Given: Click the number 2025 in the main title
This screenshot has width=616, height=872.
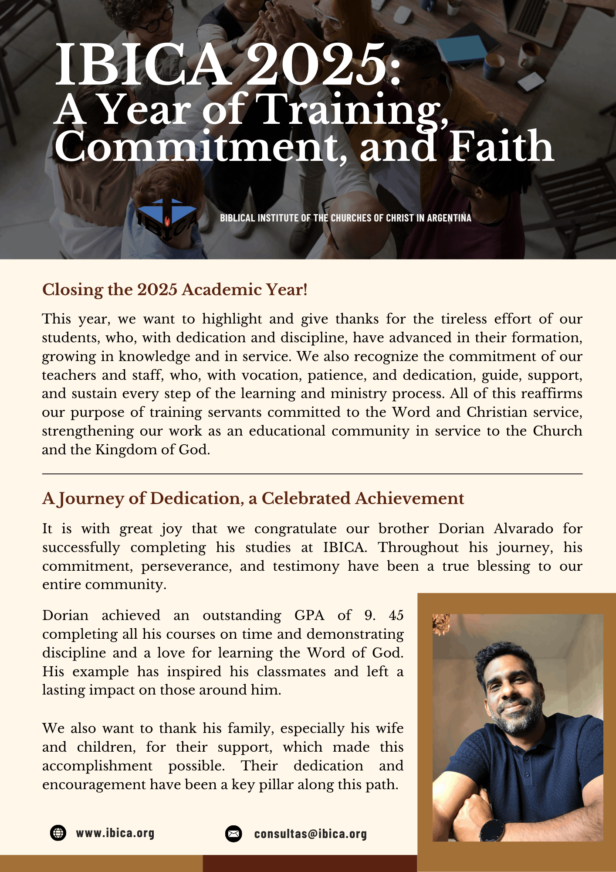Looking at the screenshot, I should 319,65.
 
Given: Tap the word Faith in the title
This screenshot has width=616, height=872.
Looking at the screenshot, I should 501,147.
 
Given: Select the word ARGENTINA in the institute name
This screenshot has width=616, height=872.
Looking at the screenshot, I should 449,218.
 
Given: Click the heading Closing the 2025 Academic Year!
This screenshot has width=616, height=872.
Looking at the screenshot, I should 175,290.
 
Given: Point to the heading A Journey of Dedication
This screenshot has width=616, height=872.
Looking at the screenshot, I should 253,498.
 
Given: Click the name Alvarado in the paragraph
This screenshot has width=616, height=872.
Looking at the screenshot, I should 523,528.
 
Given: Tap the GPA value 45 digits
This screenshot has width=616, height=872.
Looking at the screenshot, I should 396,615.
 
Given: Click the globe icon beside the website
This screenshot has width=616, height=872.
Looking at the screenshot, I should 58,833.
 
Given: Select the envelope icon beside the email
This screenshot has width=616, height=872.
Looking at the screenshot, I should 234,834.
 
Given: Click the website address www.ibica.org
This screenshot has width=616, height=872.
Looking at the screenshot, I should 115,833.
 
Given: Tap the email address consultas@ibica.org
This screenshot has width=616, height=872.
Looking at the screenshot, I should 310,834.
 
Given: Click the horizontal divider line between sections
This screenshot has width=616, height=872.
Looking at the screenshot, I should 312,473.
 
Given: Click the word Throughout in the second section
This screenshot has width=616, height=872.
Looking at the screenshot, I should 418,547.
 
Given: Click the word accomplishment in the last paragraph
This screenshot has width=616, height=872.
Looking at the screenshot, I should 97,766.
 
